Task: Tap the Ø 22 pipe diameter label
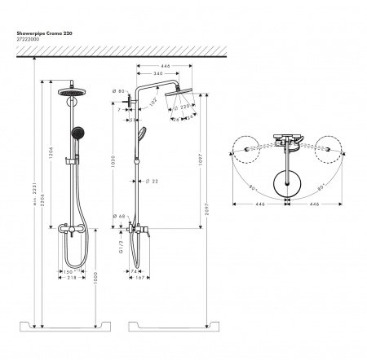tap(153, 180)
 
